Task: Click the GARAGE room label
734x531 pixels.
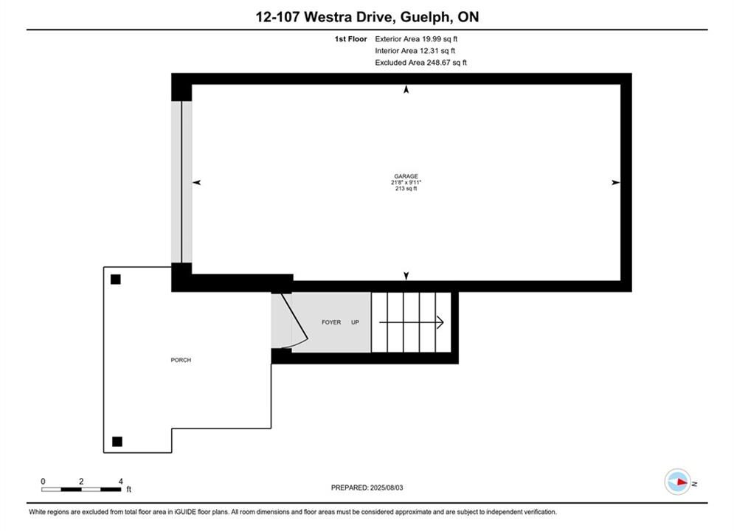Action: pos(406,176)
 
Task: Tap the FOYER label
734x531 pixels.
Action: pos(331,322)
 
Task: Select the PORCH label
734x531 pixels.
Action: pos(181,360)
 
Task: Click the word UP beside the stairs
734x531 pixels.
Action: pos(355,322)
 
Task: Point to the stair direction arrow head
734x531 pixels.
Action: pos(440,322)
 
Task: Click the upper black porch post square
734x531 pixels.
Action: pos(116,280)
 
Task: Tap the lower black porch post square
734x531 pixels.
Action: pos(117,441)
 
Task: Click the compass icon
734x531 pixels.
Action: pos(678,482)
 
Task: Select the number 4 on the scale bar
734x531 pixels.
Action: pos(121,481)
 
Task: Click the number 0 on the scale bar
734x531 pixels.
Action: pos(43,481)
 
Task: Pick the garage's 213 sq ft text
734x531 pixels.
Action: pos(406,189)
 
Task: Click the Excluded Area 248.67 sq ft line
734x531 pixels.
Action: pos(420,62)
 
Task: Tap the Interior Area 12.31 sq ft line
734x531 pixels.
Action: pos(415,51)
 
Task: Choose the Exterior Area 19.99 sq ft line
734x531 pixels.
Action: pos(416,39)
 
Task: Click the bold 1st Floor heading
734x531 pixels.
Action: pos(350,39)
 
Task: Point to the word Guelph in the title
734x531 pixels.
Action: pos(426,17)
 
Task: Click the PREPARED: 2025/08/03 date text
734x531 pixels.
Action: pos(367,487)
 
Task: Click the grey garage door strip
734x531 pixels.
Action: pos(181,182)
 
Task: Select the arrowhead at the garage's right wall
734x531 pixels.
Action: pos(615,182)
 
